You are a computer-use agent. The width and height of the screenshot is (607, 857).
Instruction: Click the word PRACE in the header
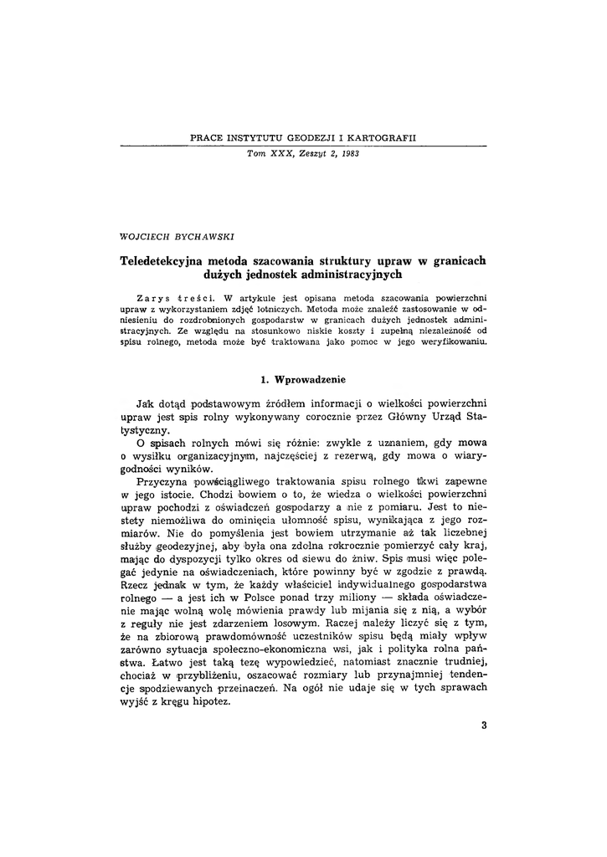coord(207,136)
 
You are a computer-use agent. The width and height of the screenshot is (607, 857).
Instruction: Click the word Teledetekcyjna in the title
coord(163,260)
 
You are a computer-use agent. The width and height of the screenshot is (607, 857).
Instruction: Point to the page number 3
coord(484,725)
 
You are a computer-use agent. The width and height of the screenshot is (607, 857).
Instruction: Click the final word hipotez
coord(210,701)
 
